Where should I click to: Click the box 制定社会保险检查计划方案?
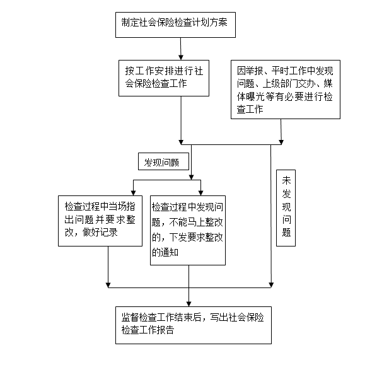[175, 25]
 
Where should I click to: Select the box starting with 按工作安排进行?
[164, 78]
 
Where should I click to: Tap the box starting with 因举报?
[286, 90]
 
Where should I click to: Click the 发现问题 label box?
[163, 161]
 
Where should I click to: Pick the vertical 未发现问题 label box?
[286, 208]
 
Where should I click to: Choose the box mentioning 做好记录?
[100, 221]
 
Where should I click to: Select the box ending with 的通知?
[188, 230]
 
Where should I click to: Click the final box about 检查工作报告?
[194, 325]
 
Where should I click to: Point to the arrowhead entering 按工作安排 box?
[181, 57]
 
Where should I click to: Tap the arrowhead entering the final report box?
[188, 304]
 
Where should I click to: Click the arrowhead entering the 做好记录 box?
[133, 193]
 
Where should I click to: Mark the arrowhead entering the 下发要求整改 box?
[200, 193]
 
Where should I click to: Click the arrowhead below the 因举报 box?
[281, 142]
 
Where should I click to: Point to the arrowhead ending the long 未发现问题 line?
[271, 285]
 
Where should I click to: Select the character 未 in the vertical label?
[286, 180]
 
